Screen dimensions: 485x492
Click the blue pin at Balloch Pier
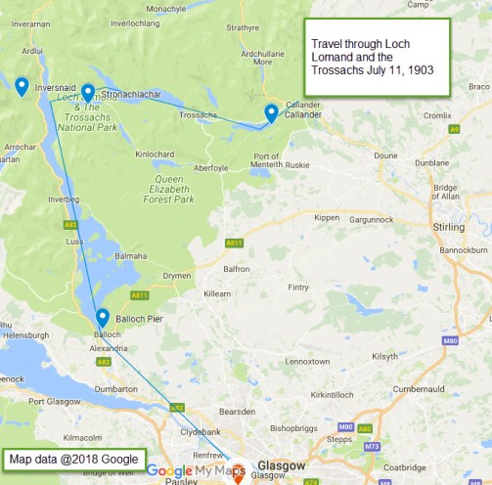click(103, 317)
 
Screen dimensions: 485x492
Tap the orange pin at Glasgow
click(237, 470)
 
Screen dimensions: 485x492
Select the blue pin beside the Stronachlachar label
click(88, 92)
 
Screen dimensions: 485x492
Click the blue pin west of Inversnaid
click(22, 86)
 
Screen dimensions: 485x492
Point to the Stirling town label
click(449, 227)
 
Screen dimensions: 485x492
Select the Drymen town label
click(150, 277)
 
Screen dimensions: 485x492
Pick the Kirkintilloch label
click(335, 393)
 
